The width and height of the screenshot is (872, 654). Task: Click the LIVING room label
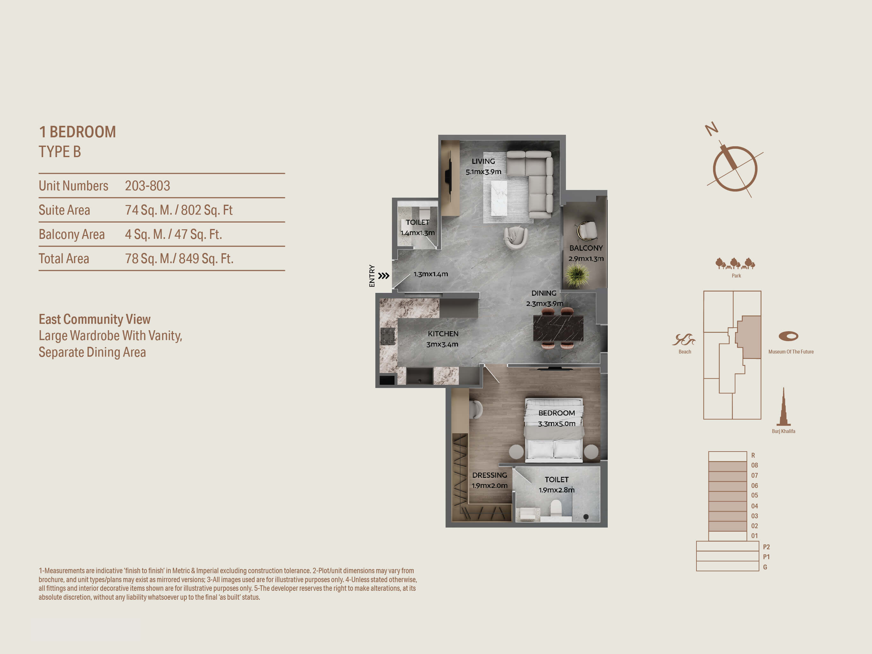pyautogui.click(x=483, y=161)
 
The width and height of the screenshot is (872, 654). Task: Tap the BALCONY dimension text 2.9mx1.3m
pyautogui.click(x=586, y=259)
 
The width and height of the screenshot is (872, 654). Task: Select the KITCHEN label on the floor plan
pyautogui.click(x=443, y=334)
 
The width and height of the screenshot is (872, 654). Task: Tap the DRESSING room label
pyautogui.click(x=490, y=475)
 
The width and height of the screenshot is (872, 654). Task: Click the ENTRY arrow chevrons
pyautogui.click(x=384, y=276)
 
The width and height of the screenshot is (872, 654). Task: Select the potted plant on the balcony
pyautogui.click(x=577, y=275)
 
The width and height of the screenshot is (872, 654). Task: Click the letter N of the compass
pyautogui.click(x=711, y=129)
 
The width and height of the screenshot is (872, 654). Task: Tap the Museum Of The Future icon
pyautogui.click(x=788, y=336)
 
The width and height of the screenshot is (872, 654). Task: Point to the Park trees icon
pyautogui.click(x=735, y=263)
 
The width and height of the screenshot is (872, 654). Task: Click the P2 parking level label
pyautogui.click(x=766, y=547)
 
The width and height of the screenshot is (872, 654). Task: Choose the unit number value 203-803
pyautogui.click(x=147, y=186)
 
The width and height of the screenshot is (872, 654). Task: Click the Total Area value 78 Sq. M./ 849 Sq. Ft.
pyautogui.click(x=179, y=259)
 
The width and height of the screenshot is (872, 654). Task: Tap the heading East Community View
pyautogui.click(x=94, y=319)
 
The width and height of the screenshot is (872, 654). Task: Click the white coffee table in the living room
pyautogui.click(x=499, y=198)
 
